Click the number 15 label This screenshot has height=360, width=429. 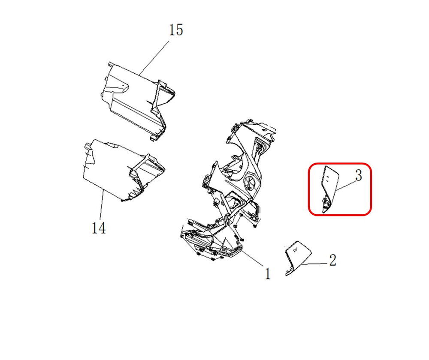(176, 30)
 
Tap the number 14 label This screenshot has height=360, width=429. (99, 228)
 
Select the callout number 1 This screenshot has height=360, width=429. (267, 273)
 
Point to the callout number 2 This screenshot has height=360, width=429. (332, 260)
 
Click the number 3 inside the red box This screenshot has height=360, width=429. (358, 175)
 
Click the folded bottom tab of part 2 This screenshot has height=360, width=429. (290, 271)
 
